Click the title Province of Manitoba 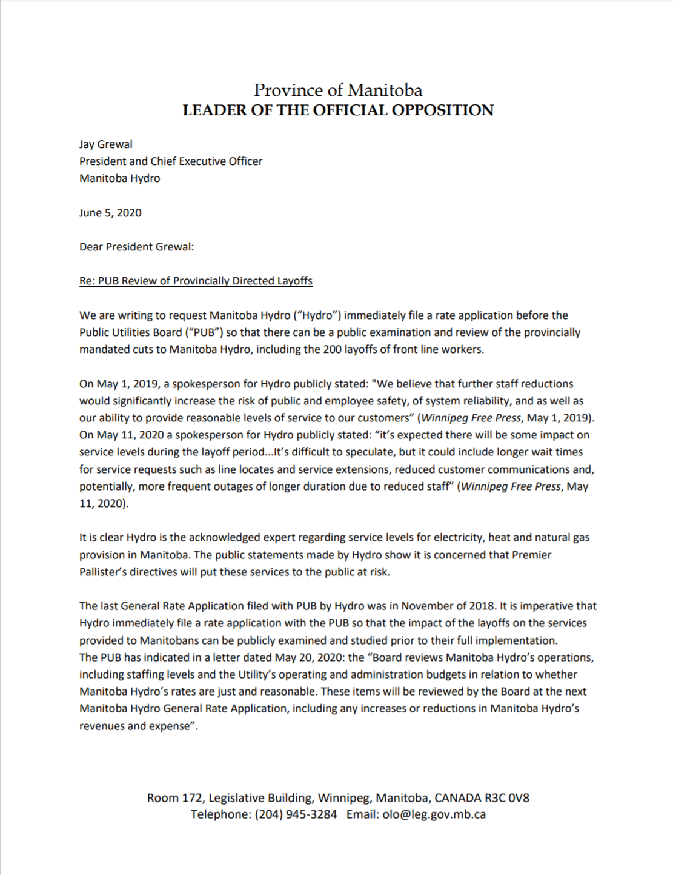coord(338,90)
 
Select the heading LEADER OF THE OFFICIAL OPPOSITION coord(338,110)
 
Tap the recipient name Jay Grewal coord(106,144)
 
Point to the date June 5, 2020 coord(110,213)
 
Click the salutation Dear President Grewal coord(136,247)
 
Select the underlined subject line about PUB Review coord(196,281)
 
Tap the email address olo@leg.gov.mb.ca coord(434,814)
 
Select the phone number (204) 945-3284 coord(296,814)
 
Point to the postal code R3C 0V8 coord(507,798)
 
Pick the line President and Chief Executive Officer coord(171,161)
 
